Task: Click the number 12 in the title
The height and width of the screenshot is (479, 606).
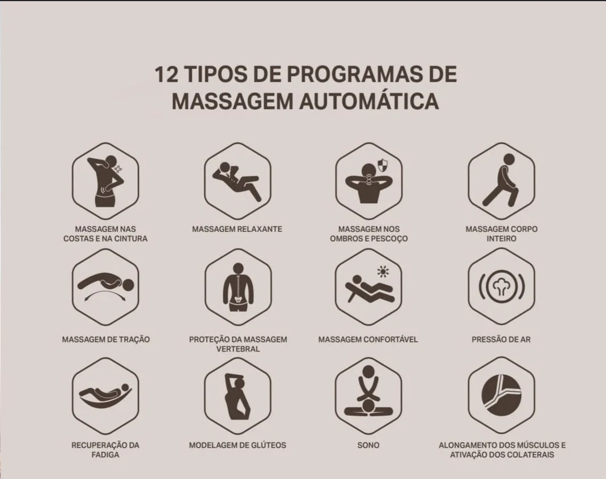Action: pyautogui.click(x=166, y=74)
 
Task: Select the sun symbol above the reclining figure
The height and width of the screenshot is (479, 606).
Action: pyautogui.click(x=383, y=271)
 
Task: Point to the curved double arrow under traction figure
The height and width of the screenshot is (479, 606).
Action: pyautogui.click(x=105, y=294)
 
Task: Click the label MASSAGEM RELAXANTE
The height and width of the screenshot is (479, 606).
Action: pyautogui.click(x=238, y=229)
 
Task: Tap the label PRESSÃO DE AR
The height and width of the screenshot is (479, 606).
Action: pyautogui.click(x=501, y=339)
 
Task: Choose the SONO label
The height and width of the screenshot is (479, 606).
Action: pyautogui.click(x=368, y=445)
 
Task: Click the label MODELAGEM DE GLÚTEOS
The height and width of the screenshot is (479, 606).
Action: pyautogui.click(x=238, y=445)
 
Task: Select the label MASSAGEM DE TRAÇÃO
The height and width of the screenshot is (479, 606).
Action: pyautogui.click(x=106, y=339)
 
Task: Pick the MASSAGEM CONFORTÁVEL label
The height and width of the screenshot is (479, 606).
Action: pyautogui.click(x=368, y=339)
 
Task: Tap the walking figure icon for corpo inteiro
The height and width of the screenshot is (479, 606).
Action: pyautogui.click(x=501, y=180)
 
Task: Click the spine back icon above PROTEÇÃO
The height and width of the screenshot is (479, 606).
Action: pyautogui.click(x=238, y=287)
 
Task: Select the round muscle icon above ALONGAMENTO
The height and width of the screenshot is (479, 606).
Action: pyautogui.click(x=501, y=395)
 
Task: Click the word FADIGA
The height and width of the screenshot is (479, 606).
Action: pyautogui.click(x=105, y=455)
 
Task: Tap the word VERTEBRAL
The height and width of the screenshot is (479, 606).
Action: pyautogui.click(x=238, y=349)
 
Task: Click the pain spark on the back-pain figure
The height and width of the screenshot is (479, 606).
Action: pyautogui.click(x=118, y=169)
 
